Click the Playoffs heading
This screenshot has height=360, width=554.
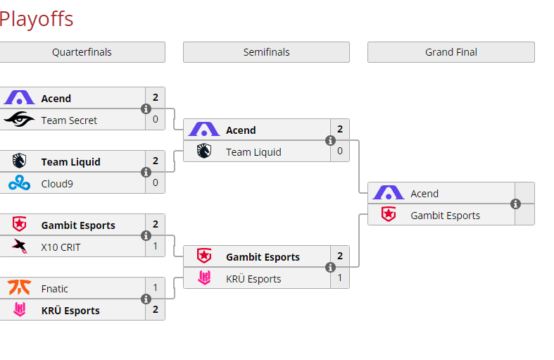click(36, 18)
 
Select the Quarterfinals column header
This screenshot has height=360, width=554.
click(82, 52)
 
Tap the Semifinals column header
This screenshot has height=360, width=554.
click(266, 52)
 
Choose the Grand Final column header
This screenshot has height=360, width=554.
click(451, 52)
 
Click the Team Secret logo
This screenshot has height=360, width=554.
click(19, 120)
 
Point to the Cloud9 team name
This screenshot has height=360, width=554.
click(57, 183)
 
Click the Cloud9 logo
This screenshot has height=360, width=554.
click(19, 183)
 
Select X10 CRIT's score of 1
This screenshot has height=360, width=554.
click(156, 247)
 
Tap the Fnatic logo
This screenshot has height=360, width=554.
click(19, 288)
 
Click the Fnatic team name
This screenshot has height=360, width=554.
click(55, 289)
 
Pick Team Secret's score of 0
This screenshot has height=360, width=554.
click(156, 120)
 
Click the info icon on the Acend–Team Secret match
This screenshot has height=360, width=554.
click(146, 109)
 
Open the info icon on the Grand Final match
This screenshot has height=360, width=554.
click(515, 204)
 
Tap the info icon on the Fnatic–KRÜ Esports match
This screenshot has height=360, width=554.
click(146, 299)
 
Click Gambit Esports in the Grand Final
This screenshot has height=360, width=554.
click(445, 216)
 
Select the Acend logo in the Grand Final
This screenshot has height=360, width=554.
click(388, 193)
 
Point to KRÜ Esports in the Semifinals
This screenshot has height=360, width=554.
click(253, 279)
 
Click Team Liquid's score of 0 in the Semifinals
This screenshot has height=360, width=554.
click(340, 151)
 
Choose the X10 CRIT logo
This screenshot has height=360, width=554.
click(19, 247)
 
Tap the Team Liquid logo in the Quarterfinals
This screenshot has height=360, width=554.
click(19, 161)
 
